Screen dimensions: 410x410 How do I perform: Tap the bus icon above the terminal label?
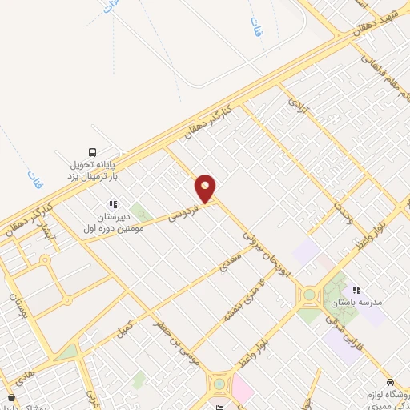click(x=92, y=152)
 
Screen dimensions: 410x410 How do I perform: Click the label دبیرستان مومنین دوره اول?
click(x=112, y=222)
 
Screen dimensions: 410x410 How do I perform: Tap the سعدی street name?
click(x=231, y=259)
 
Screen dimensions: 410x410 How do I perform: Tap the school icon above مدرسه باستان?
click(x=356, y=289)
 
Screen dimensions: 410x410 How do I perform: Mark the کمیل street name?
click(x=124, y=327)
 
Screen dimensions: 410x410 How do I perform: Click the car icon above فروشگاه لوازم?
click(x=389, y=382)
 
